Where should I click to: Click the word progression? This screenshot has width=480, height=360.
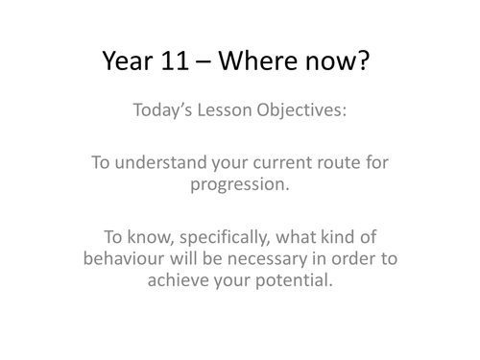(240, 184)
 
